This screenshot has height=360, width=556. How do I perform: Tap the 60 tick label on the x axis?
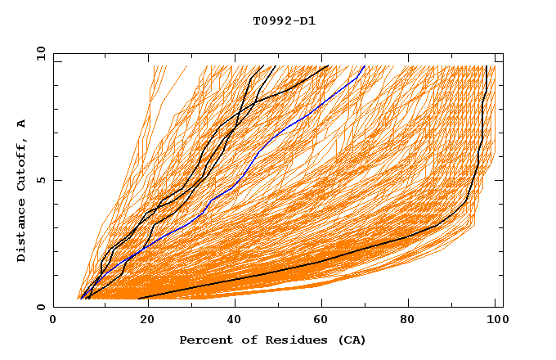point(323,319)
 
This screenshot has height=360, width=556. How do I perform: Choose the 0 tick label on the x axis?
point(53,319)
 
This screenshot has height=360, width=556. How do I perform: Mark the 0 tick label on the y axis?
point(40,307)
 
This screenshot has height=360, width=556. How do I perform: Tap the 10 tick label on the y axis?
point(38,53)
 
